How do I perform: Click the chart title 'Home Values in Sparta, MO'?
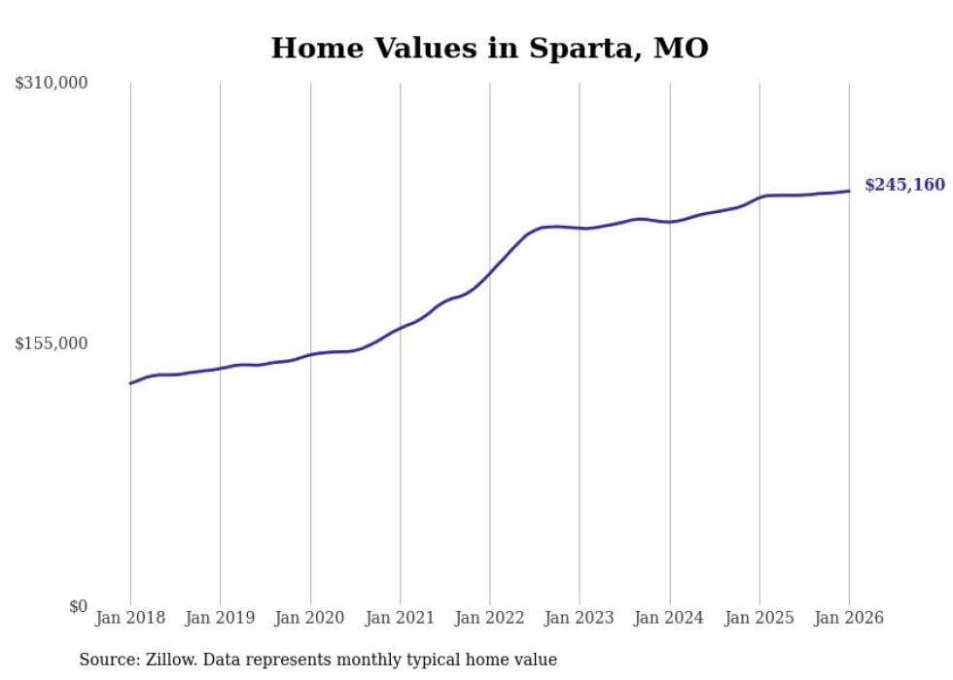point(489,48)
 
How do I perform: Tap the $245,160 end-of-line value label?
point(904,185)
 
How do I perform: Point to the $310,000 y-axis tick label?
point(52,84)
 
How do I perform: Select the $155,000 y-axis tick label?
point(52,343)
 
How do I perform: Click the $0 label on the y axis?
point(78,606)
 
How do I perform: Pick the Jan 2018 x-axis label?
point(130,618)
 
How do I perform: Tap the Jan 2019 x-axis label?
point(220,618)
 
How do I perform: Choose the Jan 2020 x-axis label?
point(310,618)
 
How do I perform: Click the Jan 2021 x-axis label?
point(400,618)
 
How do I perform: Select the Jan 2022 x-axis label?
point(490,618)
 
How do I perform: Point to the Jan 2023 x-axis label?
point(580,618)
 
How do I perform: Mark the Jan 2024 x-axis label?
point(669,618)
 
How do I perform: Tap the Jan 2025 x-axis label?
point(759,618)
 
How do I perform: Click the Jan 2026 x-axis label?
point(849,618)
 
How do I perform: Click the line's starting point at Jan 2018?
point(130,383)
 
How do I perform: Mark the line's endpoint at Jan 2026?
point(849,191)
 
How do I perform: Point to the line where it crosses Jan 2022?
point(490,272)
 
